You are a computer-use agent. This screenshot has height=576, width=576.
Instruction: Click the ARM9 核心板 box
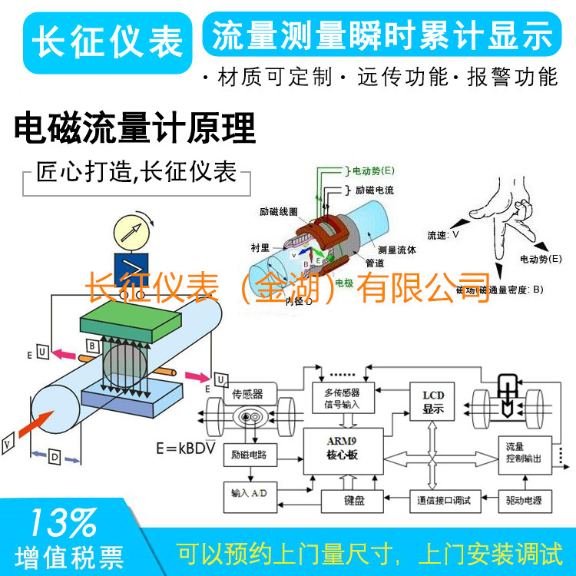[x=342, y=449]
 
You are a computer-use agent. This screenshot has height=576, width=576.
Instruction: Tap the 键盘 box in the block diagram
[x=353, y=500]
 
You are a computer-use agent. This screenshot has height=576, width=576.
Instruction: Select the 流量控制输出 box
[x=524, y=452]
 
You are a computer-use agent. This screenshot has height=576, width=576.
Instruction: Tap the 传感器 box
[x=247, y=393]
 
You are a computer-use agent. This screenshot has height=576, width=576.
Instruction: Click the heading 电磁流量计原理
[x=134, y=128]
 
